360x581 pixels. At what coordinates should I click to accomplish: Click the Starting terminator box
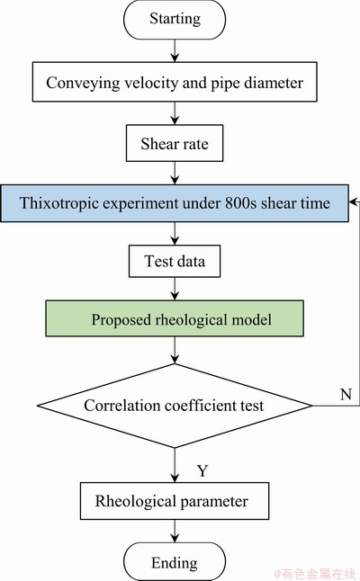click(175, 20)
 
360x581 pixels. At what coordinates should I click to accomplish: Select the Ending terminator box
click(175, 562)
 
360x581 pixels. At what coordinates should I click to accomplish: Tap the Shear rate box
click(175, 143)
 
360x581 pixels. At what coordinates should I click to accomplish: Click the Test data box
click(175, 261)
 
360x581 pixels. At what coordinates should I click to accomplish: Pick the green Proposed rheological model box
click(175, 318)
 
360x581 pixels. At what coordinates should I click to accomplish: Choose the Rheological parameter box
click(175, 501)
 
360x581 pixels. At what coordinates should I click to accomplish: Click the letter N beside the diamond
click(346, 394)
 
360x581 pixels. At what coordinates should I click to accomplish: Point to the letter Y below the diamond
click(202, 470)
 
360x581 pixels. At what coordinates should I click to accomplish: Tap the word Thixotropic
click(58, 203)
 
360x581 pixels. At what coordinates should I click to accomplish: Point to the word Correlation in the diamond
click(122, 406)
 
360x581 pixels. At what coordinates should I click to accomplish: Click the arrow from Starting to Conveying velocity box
click(175, 50)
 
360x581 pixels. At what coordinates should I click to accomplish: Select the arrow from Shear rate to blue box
click(175, 173)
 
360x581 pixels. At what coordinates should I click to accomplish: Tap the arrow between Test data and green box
click(175, 289)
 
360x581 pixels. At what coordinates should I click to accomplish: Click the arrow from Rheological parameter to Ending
click(175, 531)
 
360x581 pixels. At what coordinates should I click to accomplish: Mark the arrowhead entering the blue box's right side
click(352, 202)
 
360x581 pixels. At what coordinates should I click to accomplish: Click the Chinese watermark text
click(314, 574)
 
